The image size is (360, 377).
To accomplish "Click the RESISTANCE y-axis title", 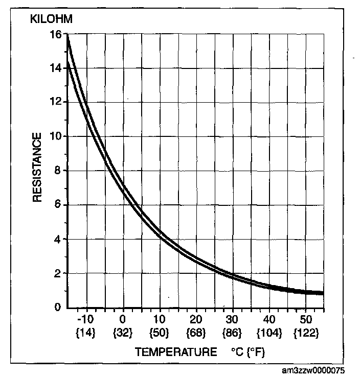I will point(37,167).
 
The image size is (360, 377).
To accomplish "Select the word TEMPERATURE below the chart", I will point(169,352).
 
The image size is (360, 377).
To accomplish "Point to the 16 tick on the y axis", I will point(56,34).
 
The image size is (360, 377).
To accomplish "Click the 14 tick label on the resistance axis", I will point(56,68).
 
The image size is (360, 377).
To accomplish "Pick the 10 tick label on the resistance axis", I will point(56,136).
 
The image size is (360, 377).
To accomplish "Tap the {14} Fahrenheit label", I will point(86,334).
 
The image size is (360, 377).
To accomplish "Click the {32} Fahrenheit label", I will point(123,334).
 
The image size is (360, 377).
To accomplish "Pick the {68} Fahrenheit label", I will point(196,334).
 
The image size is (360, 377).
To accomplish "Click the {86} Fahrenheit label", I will point(233,334).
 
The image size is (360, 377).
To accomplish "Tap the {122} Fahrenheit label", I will point(306,334).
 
